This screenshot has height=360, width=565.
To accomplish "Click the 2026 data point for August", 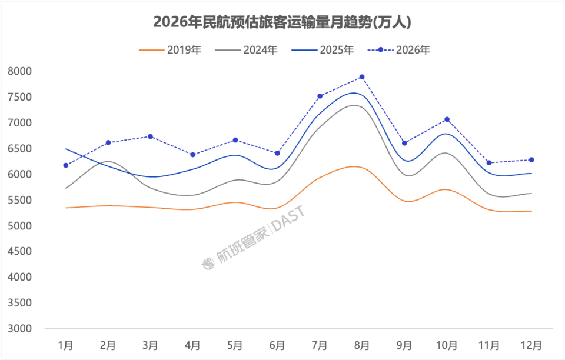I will (x=362, y=77).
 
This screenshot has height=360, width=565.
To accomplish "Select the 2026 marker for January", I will (x=66, y=165).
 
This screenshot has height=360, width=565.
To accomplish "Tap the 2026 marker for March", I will (x=151, y=136).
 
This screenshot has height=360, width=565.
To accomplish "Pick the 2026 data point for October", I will (x=447, y=119).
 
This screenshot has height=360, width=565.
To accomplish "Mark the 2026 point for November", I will (x=489, y=163).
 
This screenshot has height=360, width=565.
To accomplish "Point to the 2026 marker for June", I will (x=277, y=154).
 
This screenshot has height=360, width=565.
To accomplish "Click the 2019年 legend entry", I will (x=170, y=51).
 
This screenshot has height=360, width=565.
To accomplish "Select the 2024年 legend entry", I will (x=247, y=51).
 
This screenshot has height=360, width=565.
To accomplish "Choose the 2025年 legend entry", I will (x=323, y=51).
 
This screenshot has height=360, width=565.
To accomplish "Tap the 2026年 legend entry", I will (x=400, y=51).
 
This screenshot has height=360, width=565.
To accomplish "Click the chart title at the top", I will (x=282, y=22).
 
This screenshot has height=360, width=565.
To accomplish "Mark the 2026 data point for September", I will (x=404, y=143).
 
